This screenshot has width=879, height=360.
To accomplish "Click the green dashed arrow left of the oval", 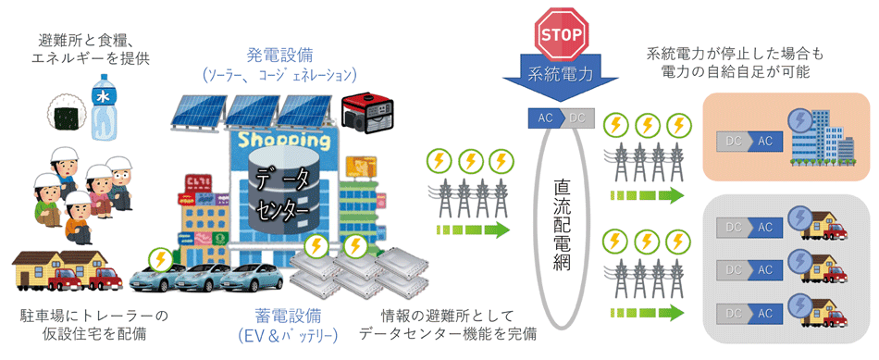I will pos(472,230).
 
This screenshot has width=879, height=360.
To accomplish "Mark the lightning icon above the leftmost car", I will pos(161,258).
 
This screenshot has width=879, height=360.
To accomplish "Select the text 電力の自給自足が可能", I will pos(737,72).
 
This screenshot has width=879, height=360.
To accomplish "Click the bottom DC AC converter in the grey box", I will pos(744,312).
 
